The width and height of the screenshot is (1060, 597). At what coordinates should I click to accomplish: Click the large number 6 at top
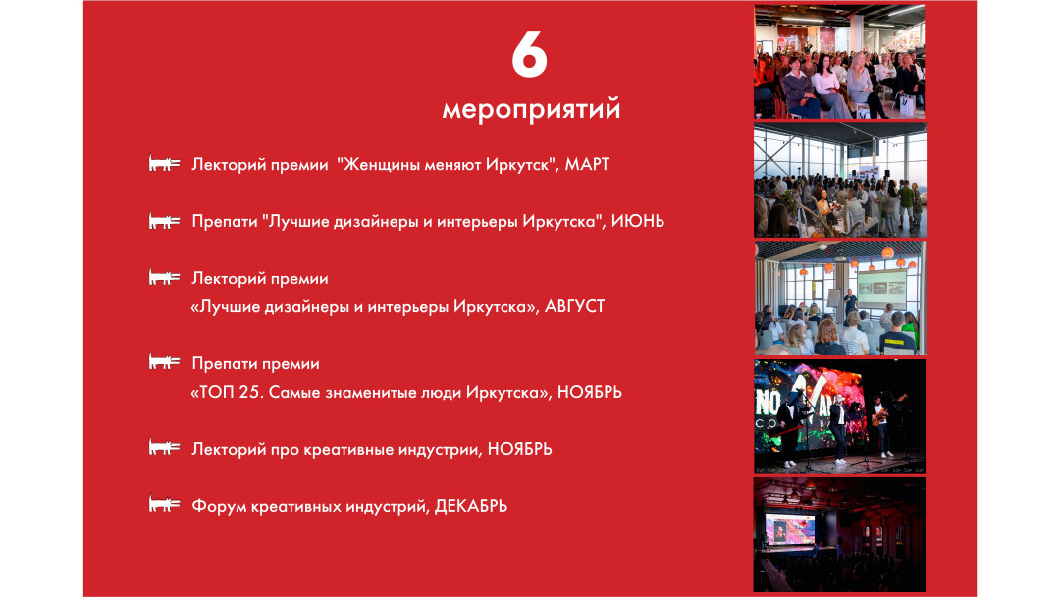[x=529, y=55]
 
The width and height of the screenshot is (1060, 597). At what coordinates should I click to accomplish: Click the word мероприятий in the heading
[x=531, y=110]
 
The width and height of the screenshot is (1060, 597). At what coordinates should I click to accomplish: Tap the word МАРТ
[x=587, y=164]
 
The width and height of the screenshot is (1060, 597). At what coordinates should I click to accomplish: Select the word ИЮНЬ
[x=638, y=221]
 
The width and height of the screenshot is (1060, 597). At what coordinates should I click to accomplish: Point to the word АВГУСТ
[x=574, y=306]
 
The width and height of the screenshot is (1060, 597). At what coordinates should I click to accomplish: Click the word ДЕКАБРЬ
[x=470, y=506]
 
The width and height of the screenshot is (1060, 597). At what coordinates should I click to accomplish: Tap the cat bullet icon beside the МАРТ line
[x=164, y=164]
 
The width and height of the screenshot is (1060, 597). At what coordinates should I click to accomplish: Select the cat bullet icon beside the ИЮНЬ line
[x=164, y=220]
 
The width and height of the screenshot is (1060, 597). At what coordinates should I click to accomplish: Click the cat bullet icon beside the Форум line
[x=164, y=504]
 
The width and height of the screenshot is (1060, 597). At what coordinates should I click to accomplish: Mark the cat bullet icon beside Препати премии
[x=164, y=361]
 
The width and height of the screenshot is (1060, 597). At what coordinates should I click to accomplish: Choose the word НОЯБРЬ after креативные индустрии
[x=520, y=449]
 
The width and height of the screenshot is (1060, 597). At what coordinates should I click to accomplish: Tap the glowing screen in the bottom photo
[x=789, y=528]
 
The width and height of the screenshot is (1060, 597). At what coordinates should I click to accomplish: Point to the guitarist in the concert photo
[x=880, y=426]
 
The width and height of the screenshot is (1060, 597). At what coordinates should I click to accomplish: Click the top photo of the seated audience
[x=839, y=62]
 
